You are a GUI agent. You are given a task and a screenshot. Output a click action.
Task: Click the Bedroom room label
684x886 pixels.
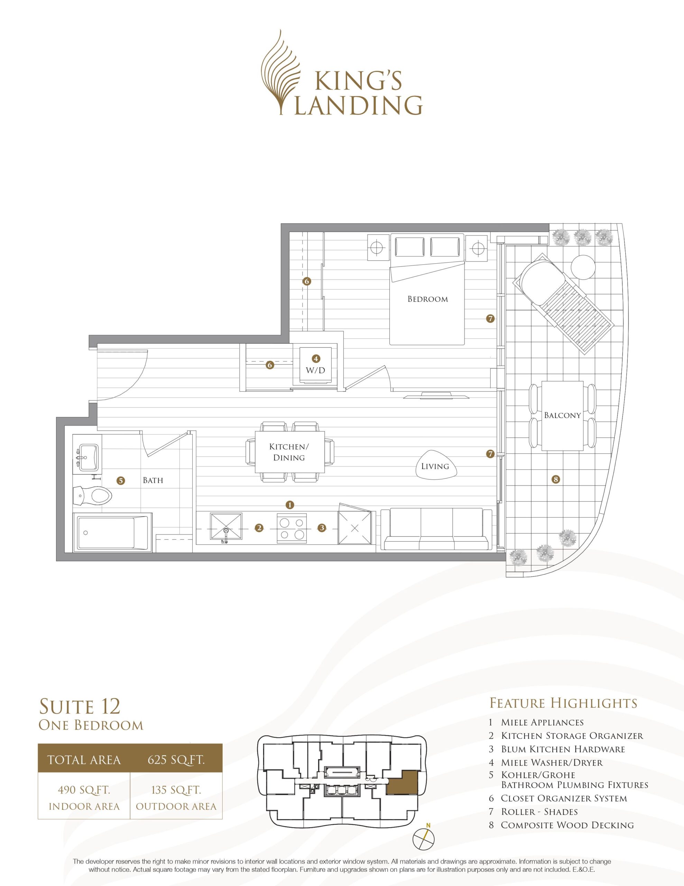tap(428, 299)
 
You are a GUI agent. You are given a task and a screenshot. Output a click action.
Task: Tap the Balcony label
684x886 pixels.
tap(562, 415)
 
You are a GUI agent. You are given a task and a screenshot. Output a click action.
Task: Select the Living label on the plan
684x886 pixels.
tap(435, 466)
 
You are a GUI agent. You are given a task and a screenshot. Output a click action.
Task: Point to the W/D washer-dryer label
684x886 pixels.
tap(315, 370)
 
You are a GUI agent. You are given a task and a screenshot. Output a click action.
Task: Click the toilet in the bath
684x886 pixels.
tap(92, 495)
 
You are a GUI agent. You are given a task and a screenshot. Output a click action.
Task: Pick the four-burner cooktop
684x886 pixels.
tap(292, 528)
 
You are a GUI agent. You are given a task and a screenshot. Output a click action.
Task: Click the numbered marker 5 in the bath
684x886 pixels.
tap(120, 481)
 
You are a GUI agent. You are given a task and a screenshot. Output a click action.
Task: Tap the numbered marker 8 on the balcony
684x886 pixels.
tap(556, 479)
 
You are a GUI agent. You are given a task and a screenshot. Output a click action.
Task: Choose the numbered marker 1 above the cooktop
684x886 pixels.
tap(289, 505)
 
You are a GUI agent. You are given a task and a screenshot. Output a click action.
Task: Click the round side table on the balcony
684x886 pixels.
tap(583, 266)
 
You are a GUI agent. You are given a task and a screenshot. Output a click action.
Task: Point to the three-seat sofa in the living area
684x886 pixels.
tap(436, 530)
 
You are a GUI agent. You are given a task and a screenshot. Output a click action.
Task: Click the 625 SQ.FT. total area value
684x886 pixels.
tap(176, 759)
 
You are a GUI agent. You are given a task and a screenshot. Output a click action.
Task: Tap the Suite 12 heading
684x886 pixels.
tap(80, 706)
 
